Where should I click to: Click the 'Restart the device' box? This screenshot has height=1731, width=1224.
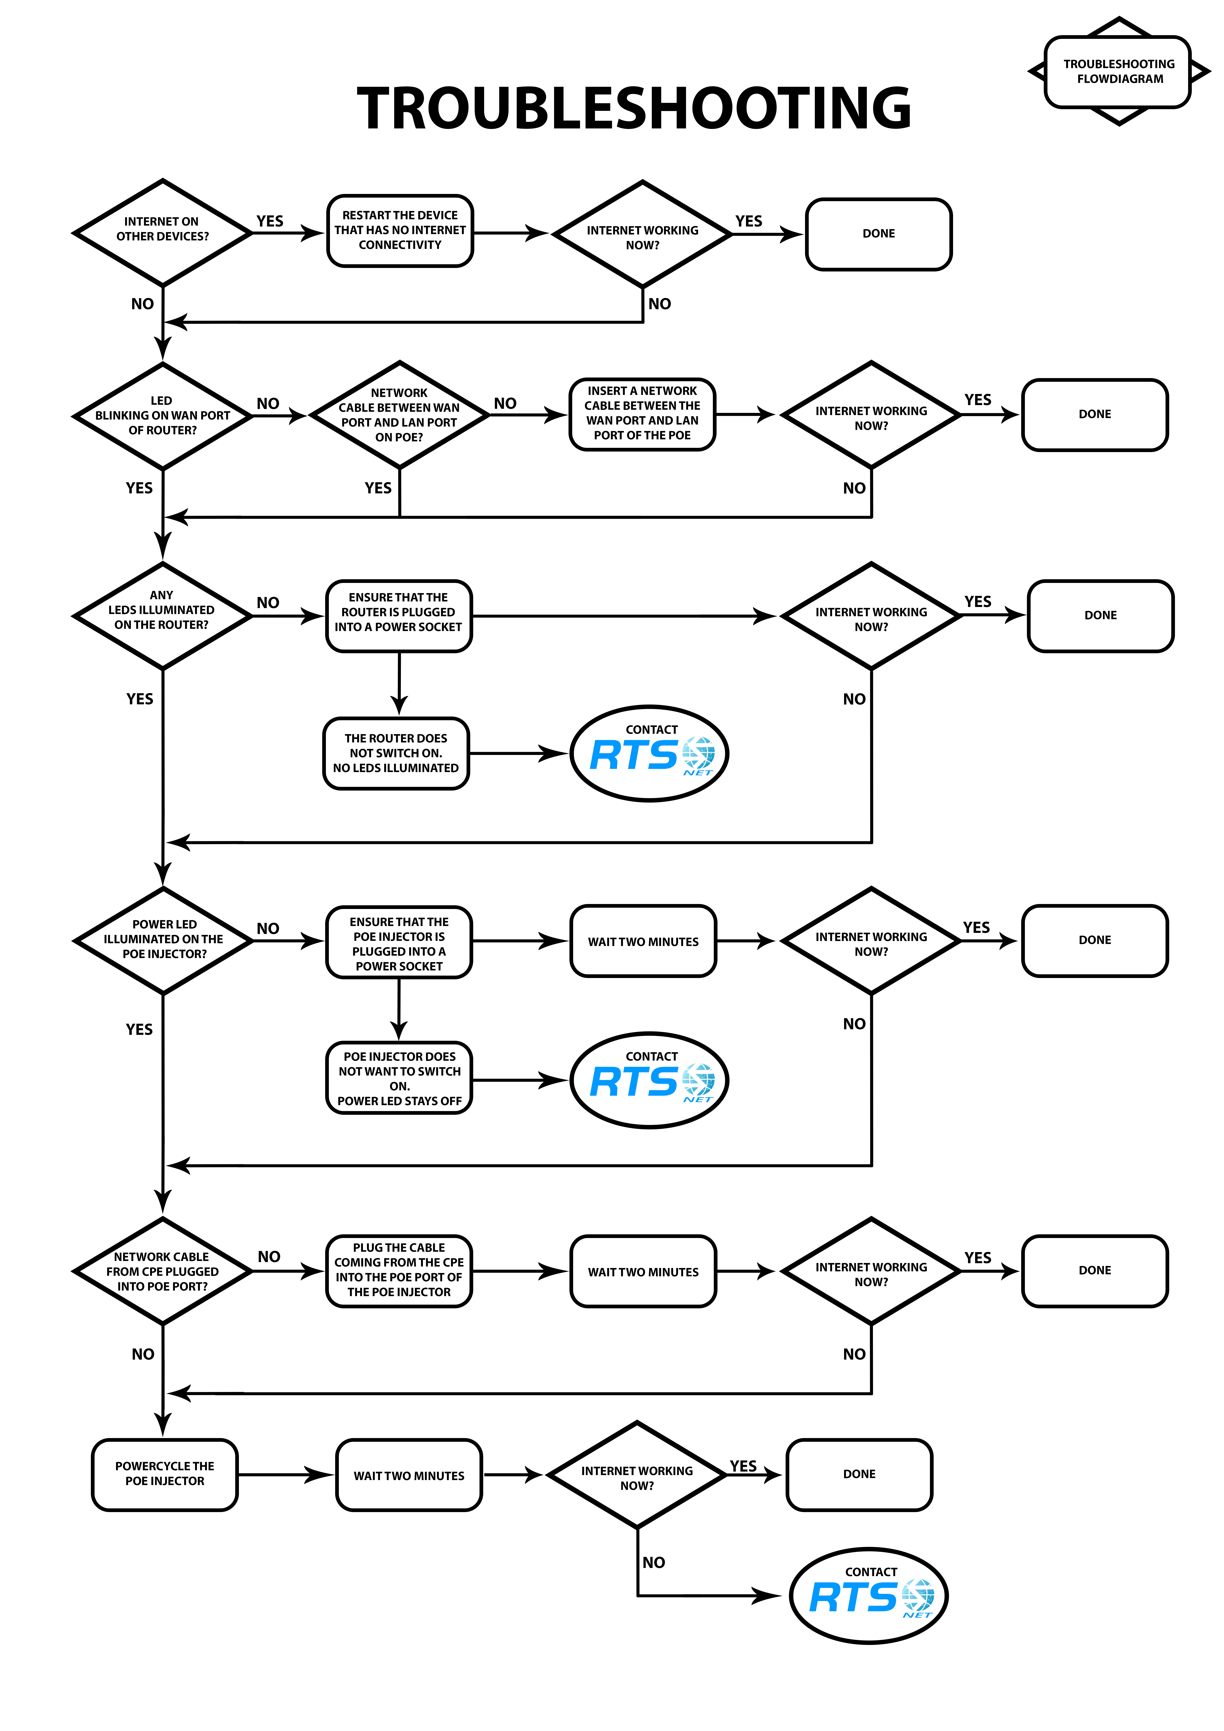[x=400, y=231]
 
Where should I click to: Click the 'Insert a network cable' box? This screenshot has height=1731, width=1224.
[x=642, y=414]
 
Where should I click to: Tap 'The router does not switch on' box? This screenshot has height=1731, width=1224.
[x=396, y=753]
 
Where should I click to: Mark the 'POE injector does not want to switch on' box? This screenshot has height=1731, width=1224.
[x=399, y=1078]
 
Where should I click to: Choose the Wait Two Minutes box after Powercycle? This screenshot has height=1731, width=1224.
[x=409, y=1475]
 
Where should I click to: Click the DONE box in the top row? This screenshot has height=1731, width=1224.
[x=879, y=234]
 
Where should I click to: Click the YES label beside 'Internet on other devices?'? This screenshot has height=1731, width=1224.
[x=270, y=221]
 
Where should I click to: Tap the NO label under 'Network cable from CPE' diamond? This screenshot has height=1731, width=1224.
[x=142, y=1354]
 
